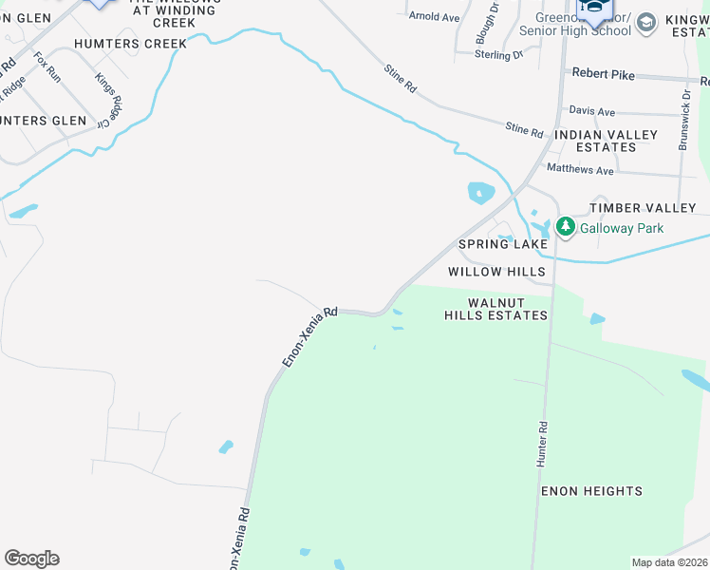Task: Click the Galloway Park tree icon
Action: click(566, 227)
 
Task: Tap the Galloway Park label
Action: click(622, 228)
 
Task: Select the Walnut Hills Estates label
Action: click(495, 308)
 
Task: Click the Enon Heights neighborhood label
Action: click(591, 491)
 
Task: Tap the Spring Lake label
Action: click(503, 244)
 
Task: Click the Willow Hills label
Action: click(496, 272)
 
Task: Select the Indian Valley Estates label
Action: click(605, 141)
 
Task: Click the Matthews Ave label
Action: click(581, 170)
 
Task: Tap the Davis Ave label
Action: click(592, 112)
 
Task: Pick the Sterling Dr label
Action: click(499, 55)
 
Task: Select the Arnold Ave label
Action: click(434, 17)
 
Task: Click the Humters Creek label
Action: click(132, 44)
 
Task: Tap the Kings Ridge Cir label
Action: click(107, 97)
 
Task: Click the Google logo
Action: click(31, 559)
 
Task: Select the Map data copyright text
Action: click(669, 562)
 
